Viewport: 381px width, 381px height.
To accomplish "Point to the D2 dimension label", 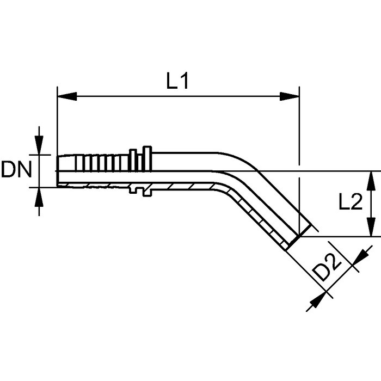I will click(x=329, y=268).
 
